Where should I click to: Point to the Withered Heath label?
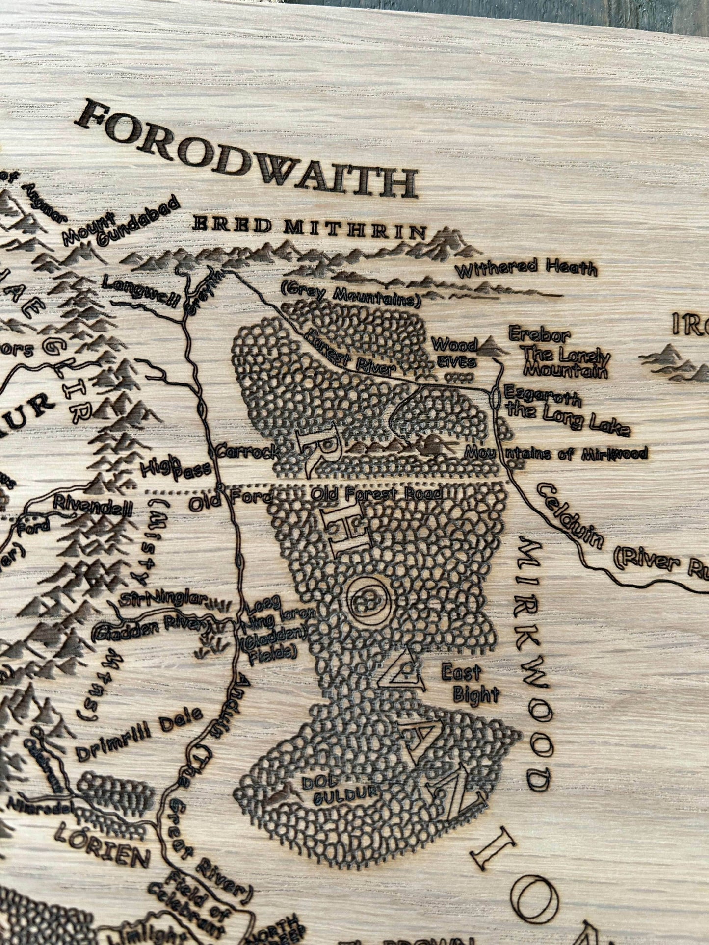coord(526,269)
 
